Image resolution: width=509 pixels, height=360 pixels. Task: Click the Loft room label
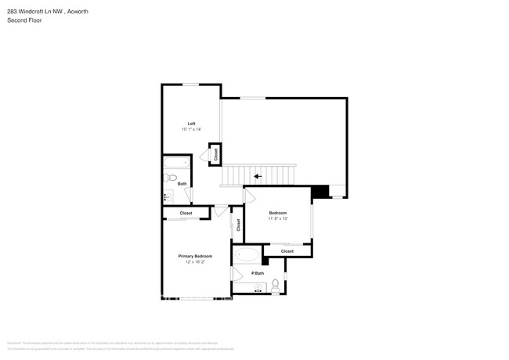click(191, 124)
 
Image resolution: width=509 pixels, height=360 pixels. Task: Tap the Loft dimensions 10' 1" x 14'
click(191, 129)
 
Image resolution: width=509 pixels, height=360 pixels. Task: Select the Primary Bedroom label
click(195, 256)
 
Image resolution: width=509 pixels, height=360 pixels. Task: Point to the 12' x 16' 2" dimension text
click(195, 262)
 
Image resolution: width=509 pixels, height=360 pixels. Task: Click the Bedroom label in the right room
click(278, 213)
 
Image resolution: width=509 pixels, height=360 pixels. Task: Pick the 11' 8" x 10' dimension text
click(278, 218)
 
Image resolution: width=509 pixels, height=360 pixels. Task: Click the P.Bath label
click(257, 273)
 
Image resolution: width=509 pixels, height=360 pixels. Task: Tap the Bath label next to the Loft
click(182, 184)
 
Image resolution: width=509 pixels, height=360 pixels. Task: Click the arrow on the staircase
click(258, 176)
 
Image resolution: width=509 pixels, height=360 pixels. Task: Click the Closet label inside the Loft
click(215, 154)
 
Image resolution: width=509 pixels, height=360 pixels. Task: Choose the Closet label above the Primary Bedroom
click(186, 213)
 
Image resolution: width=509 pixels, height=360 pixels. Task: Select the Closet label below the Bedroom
click(287, 251)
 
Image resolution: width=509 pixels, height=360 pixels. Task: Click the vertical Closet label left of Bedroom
click(238, 225)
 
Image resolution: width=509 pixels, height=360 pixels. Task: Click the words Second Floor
click(24, 20)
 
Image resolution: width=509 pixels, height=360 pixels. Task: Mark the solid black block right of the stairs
click(319, 192)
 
